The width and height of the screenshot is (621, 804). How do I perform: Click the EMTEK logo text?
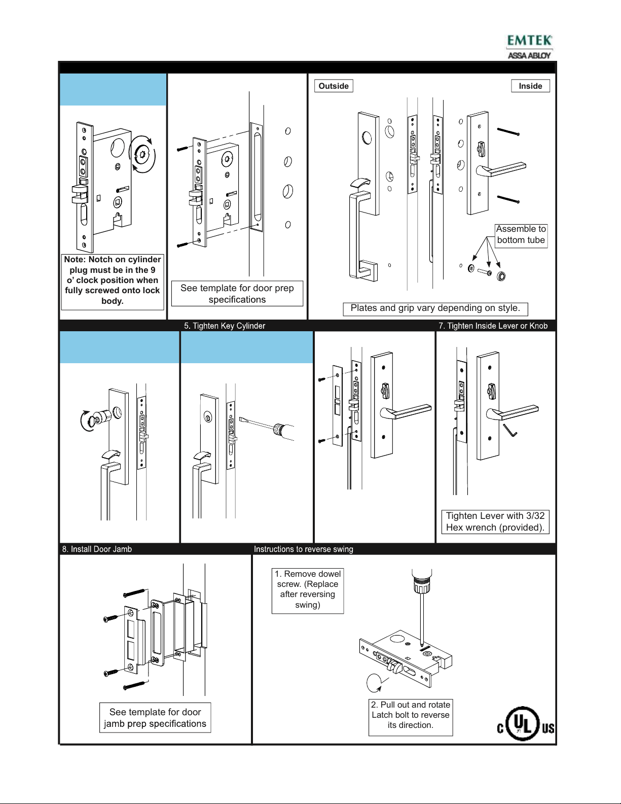(529, 41)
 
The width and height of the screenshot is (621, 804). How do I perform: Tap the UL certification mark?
(525, 724)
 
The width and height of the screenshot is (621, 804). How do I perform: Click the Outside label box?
(334, 86)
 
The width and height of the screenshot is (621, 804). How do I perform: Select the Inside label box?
(530, 86)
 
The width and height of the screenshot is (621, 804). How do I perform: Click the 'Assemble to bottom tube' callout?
(521, 235)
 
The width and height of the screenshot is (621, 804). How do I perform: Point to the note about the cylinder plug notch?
(113, 281)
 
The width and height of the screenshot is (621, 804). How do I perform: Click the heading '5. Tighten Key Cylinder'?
(225, 326)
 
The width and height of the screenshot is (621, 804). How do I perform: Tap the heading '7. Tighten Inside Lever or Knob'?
(493, 326)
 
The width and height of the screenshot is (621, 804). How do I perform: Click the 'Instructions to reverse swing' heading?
(304, 549)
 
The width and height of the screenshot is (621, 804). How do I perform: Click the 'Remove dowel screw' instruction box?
(308, 589)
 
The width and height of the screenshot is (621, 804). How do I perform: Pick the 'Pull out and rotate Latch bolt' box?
(411, 715)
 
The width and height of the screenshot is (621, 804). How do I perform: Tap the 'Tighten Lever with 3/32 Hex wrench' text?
(495, 521)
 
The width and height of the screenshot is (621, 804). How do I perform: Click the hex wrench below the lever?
(510, 430)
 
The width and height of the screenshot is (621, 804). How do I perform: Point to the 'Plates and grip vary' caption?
(435, 308)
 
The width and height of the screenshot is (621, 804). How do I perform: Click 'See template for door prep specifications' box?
(237, 294)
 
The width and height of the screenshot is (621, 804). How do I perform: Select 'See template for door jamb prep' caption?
(155, 718)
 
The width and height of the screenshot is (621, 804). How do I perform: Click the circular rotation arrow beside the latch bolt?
(374, 683)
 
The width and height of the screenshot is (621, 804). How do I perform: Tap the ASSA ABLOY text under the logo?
(529, 55)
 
